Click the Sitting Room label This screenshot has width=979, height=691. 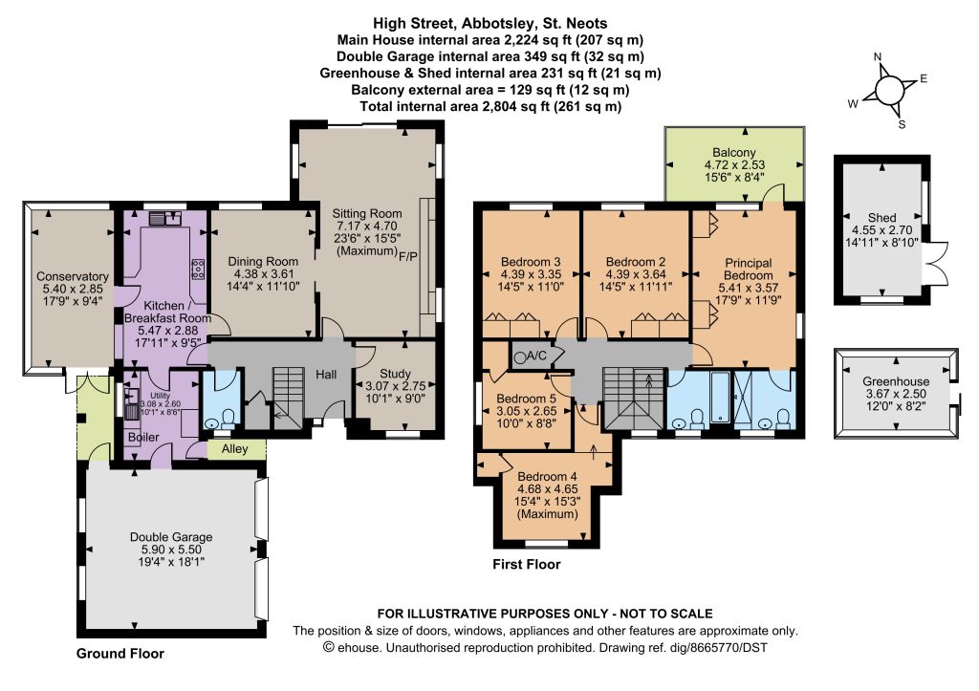coord(366,213)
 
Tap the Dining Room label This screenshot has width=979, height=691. coord(263,262)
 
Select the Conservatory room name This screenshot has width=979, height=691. coord(73,276)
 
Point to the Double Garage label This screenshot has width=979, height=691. coord(171,537)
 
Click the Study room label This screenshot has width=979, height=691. coord(395,374)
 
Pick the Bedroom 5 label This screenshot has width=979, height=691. coord(527,399)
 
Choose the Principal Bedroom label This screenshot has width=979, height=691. coord(748,269)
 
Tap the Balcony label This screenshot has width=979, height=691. coord(734,152)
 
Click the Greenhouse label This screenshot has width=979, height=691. coord(896,381)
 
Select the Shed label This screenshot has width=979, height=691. coord(881,218)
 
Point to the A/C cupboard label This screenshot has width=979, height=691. coord(537,356)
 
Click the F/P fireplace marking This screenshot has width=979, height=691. coord(408,256)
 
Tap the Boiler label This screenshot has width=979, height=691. coord(143,437)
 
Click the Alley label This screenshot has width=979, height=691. coord(235,449)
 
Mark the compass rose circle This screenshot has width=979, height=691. coord(889,92)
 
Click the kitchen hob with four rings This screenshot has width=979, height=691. coord(199,269)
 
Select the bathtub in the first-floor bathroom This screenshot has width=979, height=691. coord(720,397)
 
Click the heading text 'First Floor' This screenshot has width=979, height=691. coord(527,564)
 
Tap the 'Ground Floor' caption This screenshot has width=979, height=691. coord(120,654)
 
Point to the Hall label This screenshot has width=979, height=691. coord(326,375)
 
